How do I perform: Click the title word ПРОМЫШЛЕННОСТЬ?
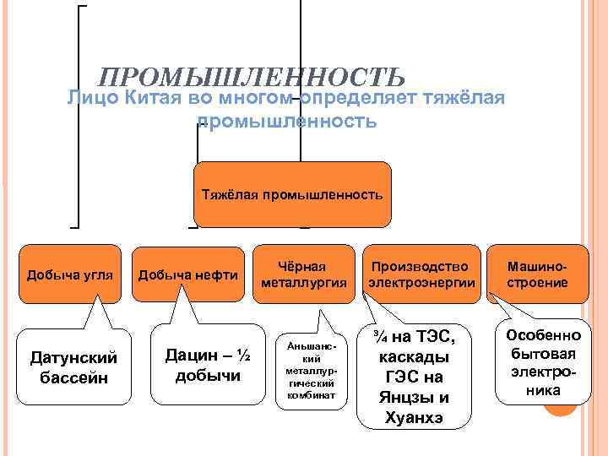(252, 78)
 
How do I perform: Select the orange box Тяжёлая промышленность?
(292, 194)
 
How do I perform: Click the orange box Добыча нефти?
(187, 274)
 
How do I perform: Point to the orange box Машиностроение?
(537, 274)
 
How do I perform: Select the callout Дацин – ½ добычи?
(202, 364)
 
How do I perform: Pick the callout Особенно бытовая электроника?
(537, 362)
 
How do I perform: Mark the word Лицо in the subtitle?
(92, 99)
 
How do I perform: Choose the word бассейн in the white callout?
(74, 377)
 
